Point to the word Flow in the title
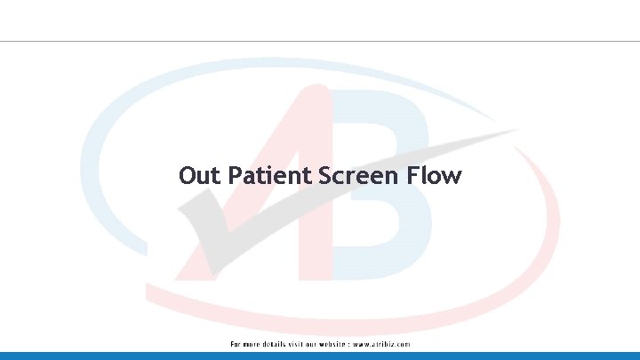[x=434, y=176]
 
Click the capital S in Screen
[x=318, y=176]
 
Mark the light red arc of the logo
[x=533, y=258]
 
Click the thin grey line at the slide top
[x=320, y=41]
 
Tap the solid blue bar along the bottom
[x=320, y=356]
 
